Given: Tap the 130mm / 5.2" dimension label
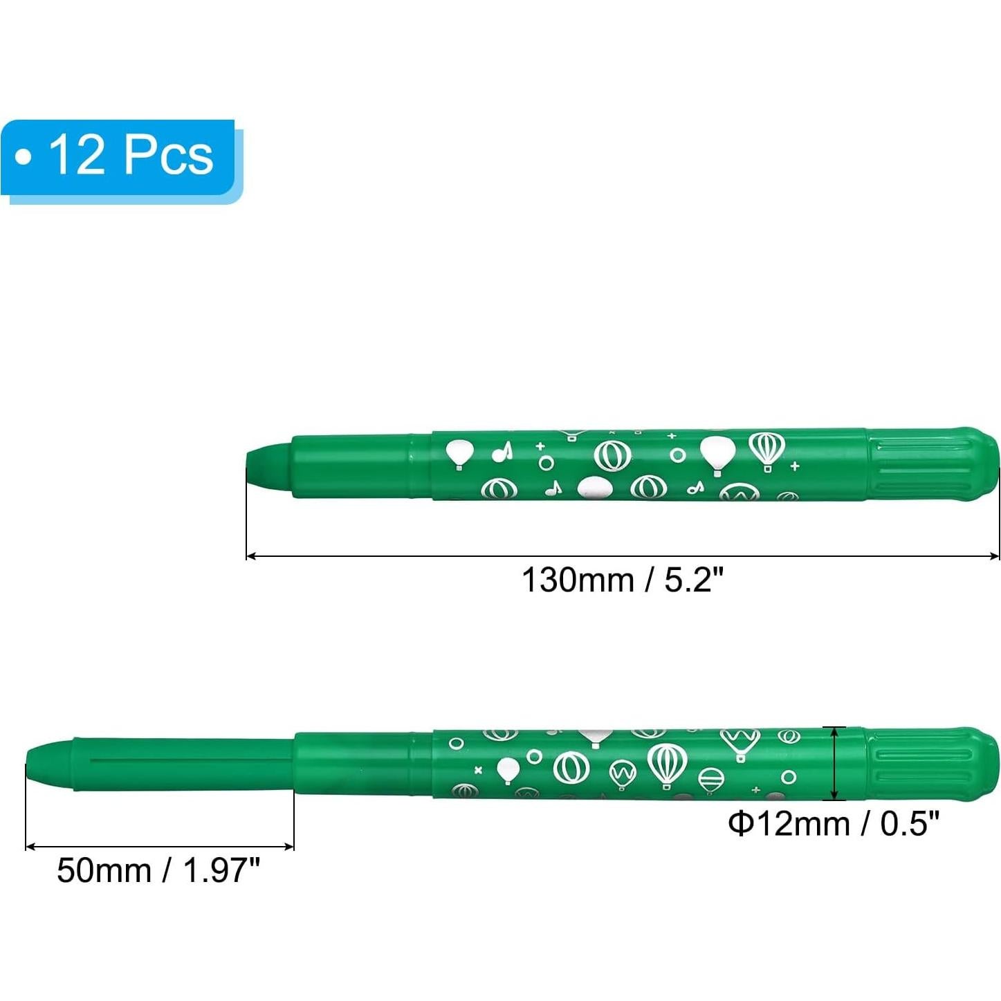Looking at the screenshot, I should (x=622, y=580).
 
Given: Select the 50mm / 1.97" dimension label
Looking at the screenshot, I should (x=158, y=870).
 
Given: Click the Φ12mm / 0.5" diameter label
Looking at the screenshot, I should (x=834, y=824).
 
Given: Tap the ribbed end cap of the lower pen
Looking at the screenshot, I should (x=931, y=764).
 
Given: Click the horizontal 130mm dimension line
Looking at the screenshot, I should (x=622, y=555).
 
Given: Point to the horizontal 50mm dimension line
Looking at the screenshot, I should (x=159, y=845).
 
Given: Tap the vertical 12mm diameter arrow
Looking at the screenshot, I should (x=837, y=764).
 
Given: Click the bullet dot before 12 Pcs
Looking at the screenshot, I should (x=24, y=157).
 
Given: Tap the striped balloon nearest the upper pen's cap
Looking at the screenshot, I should (x=766, y=450).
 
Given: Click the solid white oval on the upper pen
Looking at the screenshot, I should (x=594, y=487).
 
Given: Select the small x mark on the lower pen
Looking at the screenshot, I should (x=478, y=769).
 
